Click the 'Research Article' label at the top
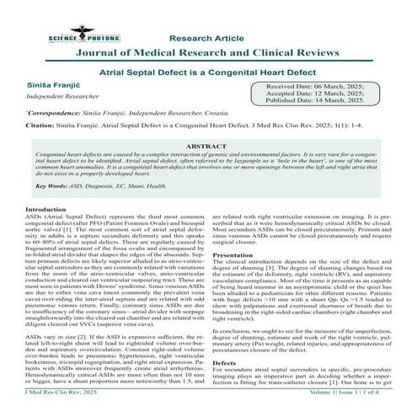tap(207, 37)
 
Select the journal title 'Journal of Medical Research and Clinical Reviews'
tap(207, 52)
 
